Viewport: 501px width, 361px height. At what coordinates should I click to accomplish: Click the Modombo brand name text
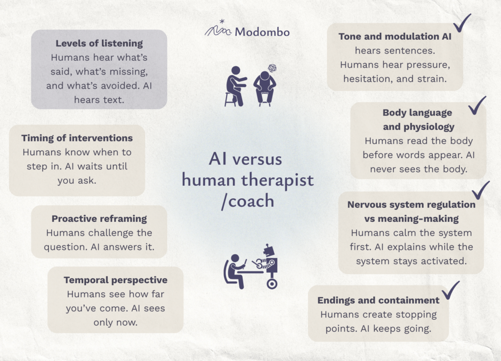[x=262, y=32]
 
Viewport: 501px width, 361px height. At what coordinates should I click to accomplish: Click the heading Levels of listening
[x=99, y=44]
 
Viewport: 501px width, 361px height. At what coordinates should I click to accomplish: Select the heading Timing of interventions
[x=77, y=138]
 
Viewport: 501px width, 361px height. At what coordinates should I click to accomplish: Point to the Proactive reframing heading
[x=99, y=219]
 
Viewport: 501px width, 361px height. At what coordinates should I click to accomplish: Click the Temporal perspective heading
[x=115, y=280]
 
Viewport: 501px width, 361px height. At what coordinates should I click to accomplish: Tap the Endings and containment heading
[x=378, y=300]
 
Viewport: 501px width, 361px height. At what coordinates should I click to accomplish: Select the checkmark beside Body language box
[x=478, y=106]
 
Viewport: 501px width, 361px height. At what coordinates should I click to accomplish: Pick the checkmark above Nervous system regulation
[x=481, y=191]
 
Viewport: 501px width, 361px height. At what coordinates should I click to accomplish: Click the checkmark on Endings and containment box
[x=451, y=290]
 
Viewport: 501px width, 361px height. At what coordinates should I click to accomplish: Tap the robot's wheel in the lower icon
[x=272, y=284]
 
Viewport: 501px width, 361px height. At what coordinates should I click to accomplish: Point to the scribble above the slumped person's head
[x=272, y=68]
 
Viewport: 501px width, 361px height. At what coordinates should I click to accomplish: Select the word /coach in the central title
[x=248, y=201]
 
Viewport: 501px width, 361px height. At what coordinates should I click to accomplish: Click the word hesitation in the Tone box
[x=367, y=79]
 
